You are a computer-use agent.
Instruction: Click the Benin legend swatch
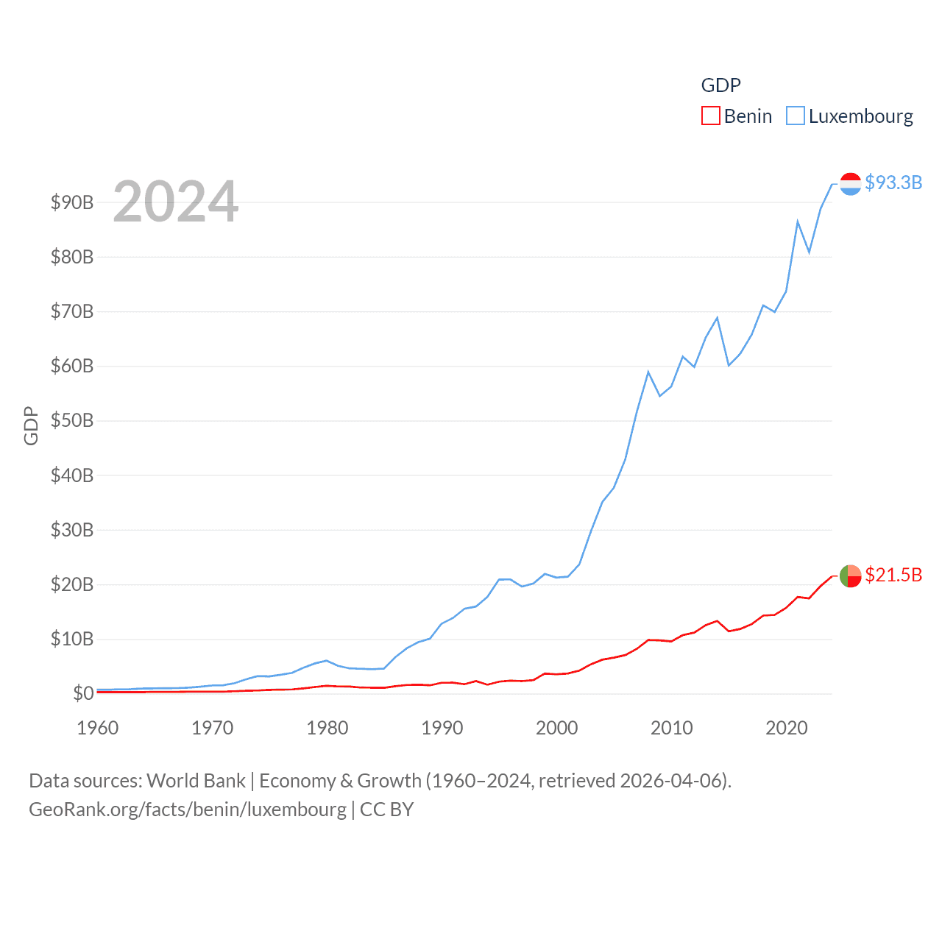click(710, 116)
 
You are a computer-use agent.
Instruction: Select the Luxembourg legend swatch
click(796, 116)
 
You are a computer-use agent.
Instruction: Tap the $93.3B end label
click(893, 183)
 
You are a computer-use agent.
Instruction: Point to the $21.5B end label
click(893, 575)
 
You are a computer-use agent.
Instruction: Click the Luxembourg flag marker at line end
click(850, 184)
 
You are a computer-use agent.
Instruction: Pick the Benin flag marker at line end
click(850, 576)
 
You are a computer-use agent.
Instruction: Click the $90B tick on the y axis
click(72, 202)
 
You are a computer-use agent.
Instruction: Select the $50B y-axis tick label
click(72, 421)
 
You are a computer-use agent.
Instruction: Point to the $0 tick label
click(83, 693)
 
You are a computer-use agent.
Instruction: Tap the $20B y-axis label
click(72, 584)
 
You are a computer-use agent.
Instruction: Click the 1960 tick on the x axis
click(98, 728)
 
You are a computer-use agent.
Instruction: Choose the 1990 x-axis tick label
click(442, 728)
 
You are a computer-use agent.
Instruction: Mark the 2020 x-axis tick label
click(787, 728)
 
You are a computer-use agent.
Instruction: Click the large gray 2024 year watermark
click(176, 201)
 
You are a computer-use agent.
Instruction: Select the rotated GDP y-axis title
click(31, 425)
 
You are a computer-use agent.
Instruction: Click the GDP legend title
click(720, 85)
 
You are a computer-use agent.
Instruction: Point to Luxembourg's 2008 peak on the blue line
click(648, 372)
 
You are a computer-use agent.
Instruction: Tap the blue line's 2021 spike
click(798, 221)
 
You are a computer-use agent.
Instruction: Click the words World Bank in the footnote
click(196, 780)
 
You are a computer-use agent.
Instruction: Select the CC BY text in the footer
click(386, 810)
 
